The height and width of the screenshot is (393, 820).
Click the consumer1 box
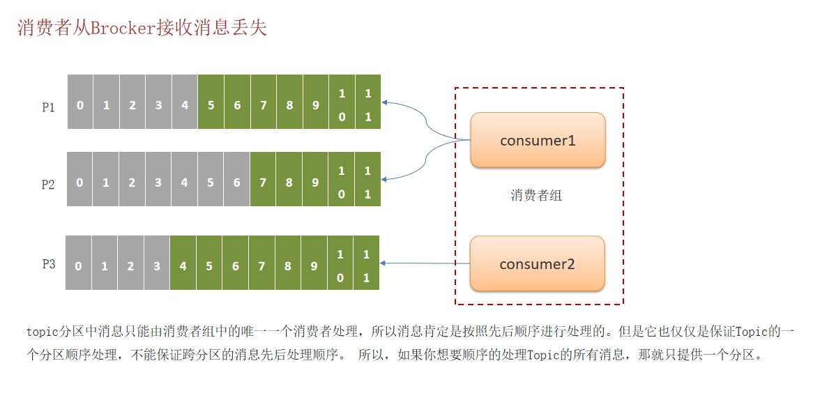[538, 140]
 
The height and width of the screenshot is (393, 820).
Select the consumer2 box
[537, 263]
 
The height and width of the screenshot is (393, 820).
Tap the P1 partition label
[49, 107]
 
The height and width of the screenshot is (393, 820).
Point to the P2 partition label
[48, 185]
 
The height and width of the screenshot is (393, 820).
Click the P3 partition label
[49, 264]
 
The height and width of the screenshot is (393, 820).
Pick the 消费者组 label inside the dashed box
[536, 196]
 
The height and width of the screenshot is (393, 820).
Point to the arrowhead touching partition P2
[384, 179]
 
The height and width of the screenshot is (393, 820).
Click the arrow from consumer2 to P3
[425, 263]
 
